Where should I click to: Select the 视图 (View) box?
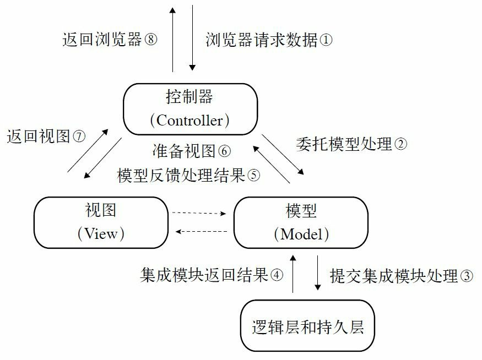(101, 222)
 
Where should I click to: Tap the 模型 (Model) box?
(301, 222)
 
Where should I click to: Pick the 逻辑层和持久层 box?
(307, 326)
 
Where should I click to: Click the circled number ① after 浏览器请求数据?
(326, 40)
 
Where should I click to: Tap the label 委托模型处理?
(344, 144)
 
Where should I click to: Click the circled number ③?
(466, 276)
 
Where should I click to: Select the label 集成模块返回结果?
(204, 275)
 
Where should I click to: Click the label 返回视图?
(39, 136)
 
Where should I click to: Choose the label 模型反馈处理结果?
(181, 176)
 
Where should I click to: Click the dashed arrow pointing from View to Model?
(200, 213)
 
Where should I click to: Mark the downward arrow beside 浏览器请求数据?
(192, 39)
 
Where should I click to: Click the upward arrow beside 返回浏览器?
(173, 39)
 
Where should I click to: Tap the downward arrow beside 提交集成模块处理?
(318, 274)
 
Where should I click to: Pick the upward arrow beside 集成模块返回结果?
(293, 274)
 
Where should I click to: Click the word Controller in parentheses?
(189, 120)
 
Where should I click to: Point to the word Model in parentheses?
(301, 234)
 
